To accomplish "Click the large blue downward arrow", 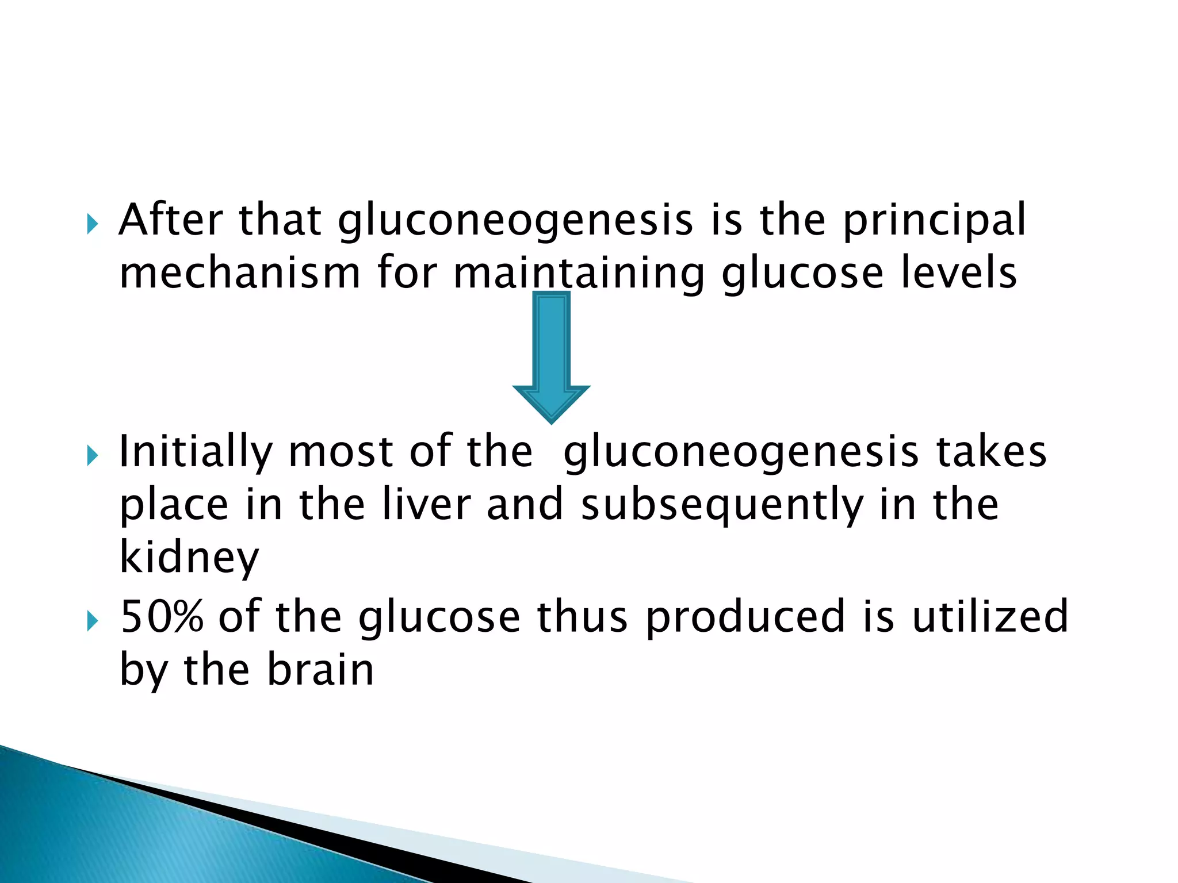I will tap(551, 356).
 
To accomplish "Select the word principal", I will tap(934, 222).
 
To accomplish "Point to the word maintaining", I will tap(579, 275).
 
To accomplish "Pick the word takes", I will tap(991, 452).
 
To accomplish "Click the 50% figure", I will tap(162, 617).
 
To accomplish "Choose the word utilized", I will tap(990, 617).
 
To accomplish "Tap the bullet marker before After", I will tap(93, 224).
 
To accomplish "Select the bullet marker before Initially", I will tap(93, 456).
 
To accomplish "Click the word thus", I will tap(582, 617).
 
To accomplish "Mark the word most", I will tap(341, 452).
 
